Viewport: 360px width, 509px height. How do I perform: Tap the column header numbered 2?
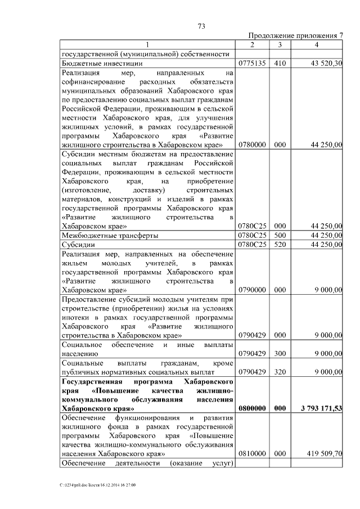coord(252,45)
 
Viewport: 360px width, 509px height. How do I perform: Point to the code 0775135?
coord(252,64)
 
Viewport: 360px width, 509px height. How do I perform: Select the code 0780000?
coord(252,145)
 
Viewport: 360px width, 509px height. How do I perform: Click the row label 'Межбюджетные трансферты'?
coord(110,236)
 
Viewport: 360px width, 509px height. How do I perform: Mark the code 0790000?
coord(252,290)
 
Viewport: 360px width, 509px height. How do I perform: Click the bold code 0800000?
coord(252,409)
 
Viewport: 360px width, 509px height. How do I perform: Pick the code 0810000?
coord(252,452)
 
